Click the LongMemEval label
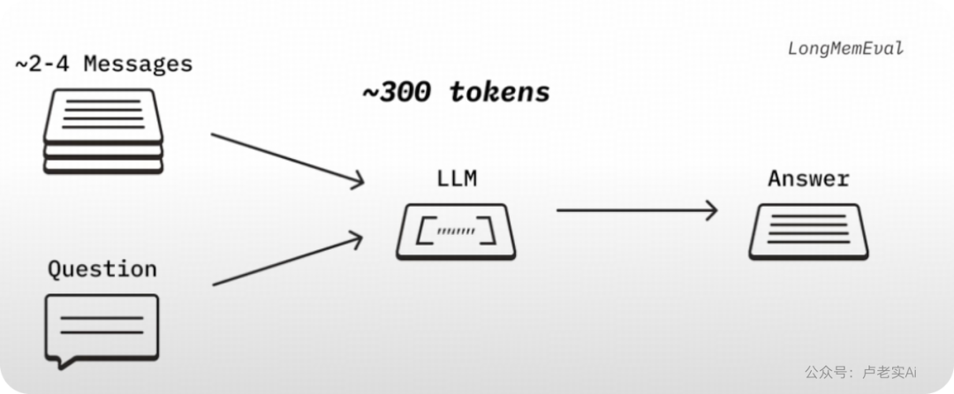coord(845,48)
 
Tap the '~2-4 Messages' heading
coord(103,64)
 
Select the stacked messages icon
coord(103,132)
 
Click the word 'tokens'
coord(499,93)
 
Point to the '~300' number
coord(397,93)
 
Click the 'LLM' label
coord(457,178)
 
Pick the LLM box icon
coord(457,231)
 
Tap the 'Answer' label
coord(808,178)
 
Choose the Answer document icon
coord(808,231)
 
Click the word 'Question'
coord(102,269)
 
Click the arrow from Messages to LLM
coord(287,158)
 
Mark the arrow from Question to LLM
coord(287,260)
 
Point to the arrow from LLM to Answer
coord(637,210)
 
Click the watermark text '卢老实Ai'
coord(890,372)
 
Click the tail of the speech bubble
coord(67,364)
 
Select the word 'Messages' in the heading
coord(138,64)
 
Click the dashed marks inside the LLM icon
coord(457,231)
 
